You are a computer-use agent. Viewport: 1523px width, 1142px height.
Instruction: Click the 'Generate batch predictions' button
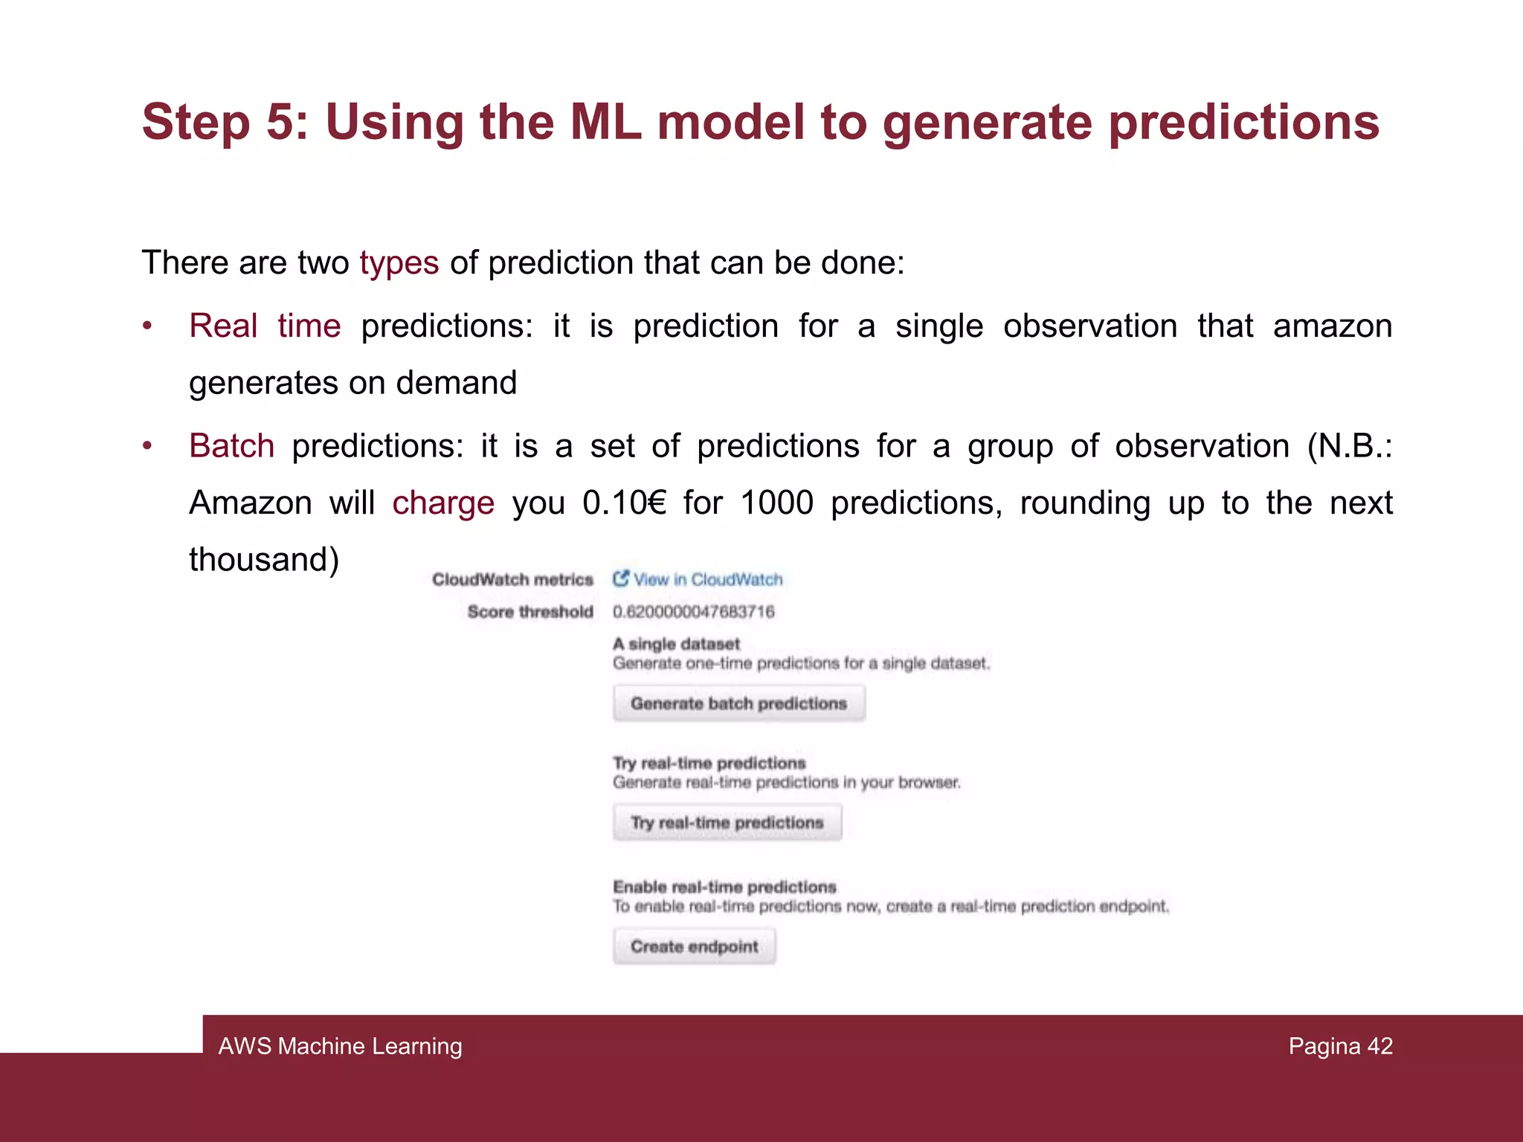click(x=738, y=703)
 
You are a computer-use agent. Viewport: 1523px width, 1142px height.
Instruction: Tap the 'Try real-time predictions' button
click(x=727, y=822)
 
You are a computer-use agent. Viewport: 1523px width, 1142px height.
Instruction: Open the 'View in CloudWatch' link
click(x=706, y=579)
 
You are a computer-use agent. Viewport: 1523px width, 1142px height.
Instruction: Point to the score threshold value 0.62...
click(x=693, y=612)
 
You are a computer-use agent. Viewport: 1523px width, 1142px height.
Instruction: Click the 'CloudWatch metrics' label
click(x=512, y=579)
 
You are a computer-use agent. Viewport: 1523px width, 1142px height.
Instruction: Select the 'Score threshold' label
click(x=529, y=612)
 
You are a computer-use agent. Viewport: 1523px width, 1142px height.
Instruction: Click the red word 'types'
click(x=399, y=262)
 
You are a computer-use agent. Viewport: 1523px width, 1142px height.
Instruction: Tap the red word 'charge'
click(x=443, y=503)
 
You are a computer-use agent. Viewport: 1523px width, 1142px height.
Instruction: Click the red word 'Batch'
click(x=231, y=446)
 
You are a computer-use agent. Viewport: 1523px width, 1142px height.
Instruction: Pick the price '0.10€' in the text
click(x=624, y=503)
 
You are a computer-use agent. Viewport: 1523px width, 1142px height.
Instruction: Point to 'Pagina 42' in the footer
click(x=1340, y=1046)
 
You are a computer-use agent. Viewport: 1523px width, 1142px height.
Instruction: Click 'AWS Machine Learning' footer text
click(x=340, y=1046)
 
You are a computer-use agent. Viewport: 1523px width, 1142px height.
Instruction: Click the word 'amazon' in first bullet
click(x=1332, y=326)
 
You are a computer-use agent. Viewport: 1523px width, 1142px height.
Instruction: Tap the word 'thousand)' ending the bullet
click(x=264, y=559)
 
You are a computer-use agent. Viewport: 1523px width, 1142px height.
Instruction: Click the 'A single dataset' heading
click(x=676, y=644)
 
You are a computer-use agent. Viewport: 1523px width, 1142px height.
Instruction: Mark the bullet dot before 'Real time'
click(x=148, y=326)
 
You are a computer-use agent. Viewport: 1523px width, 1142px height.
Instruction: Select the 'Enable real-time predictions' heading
click(x=724, y=887)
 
